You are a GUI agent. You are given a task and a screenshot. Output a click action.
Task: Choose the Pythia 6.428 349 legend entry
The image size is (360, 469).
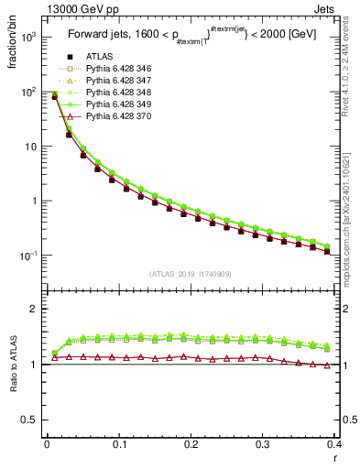tap(117, 105)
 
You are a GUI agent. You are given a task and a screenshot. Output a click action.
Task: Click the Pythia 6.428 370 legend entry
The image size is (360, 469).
tap(117, 117)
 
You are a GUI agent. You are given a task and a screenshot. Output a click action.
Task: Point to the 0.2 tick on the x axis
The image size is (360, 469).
tap(191, 444)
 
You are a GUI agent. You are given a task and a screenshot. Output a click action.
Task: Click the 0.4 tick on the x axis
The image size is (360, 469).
tap(333, 444)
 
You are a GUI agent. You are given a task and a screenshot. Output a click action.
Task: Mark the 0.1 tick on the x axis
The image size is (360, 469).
tap(118, 444)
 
